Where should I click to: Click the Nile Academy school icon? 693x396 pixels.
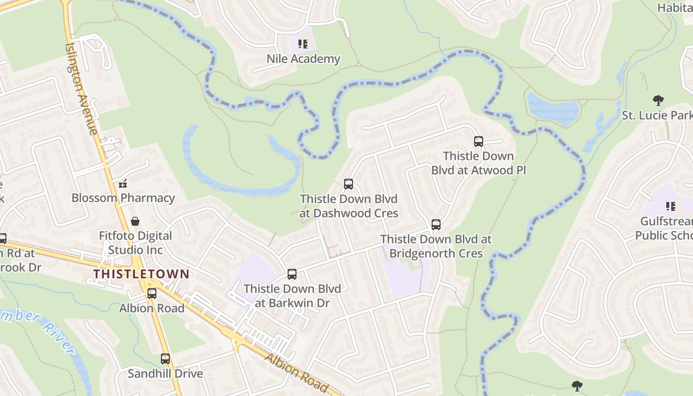(x=302, y=44)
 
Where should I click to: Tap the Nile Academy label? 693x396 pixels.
(x=303, y=59)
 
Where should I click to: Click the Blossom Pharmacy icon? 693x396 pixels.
(x=123, y=184)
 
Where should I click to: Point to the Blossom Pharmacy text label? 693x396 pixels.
(x=123, y=198)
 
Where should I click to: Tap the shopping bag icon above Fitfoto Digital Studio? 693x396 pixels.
(x=135, y=221)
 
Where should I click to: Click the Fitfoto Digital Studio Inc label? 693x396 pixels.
(x=135, y=243)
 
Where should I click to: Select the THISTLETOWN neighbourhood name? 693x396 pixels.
(x=142, y=274)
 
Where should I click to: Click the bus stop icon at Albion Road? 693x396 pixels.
(x=152, y=294)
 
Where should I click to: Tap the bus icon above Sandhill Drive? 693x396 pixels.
(x=165, y=359)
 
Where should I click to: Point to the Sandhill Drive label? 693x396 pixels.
(x=165, y=373)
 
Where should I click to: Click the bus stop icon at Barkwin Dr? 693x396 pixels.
(x=292, y=274)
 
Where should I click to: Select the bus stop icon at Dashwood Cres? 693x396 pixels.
(x=348, y=184)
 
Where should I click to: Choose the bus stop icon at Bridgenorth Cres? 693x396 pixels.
(x=436, y=225)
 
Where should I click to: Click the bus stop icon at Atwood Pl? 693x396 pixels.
(x=479, y=142)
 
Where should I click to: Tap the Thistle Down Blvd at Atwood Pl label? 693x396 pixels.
(x=478, y=163)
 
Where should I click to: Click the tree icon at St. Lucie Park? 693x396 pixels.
(x=658, y=101)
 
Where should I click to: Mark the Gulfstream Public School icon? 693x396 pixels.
(x=671, y=206)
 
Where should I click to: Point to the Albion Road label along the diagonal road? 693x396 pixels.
(x=296, y=372)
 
